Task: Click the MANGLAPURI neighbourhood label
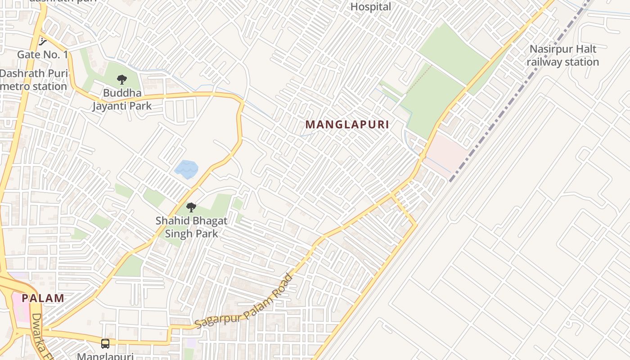pyautogui.click(x=347, y=125)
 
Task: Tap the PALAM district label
pyautogui.click(x=43, y=298)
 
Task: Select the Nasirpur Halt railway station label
pyautogui.click(x=562, y=55)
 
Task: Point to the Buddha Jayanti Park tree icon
pyautogui.click(x=121, y=80)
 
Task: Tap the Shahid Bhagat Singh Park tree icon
pyautogui.click(x=191, y=207)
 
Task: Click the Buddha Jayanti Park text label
pyautogui.click(x=122, y=99)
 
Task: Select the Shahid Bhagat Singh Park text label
pyautogui.click(x=191, y=227)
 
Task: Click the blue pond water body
pyautogui.click(x=186, y=169)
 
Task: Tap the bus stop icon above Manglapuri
pyautogui.click(x=105, y=344)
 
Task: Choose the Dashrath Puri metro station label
pyautogui.click(x=34, y=80)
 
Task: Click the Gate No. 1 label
pyautogui.click(x=43, y=54)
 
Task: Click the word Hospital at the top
pyautogui.click(x=371, y=7)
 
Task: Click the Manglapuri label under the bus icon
pyautogui.click(x=105, y=356)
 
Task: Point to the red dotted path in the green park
pyautogui.click(x=418, y=79)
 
